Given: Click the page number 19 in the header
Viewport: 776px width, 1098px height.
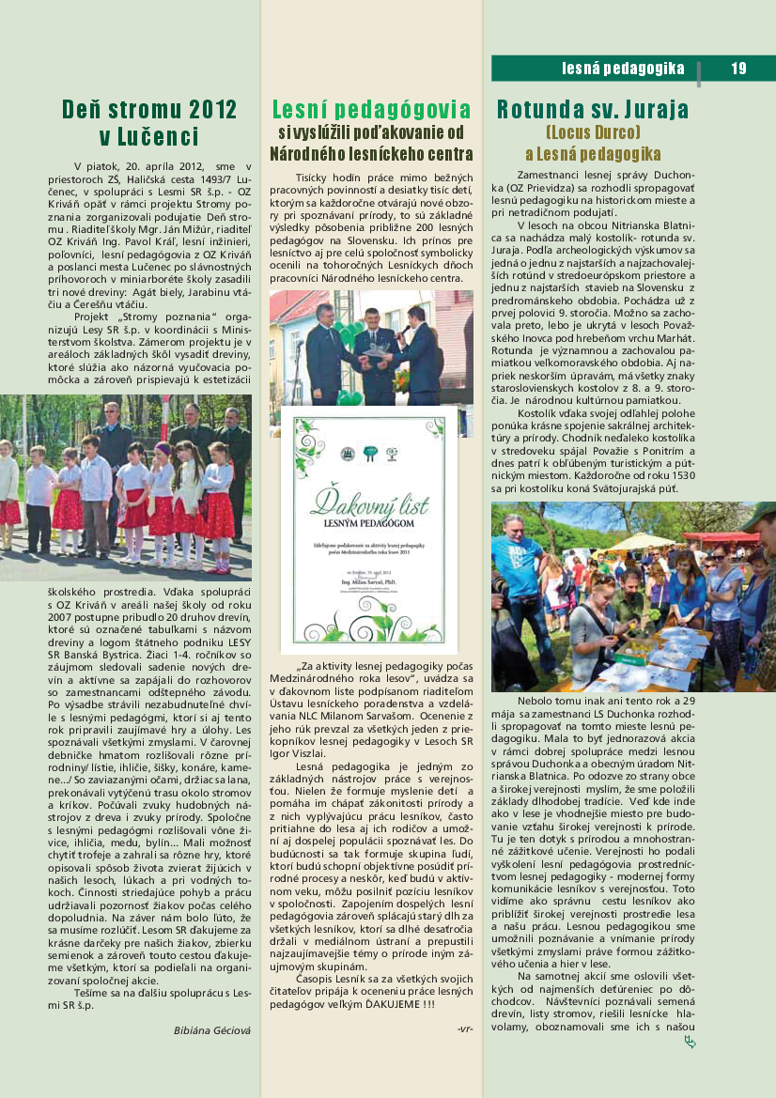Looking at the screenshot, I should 737,68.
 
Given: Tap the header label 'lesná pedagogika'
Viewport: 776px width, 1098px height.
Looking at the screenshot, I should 623,68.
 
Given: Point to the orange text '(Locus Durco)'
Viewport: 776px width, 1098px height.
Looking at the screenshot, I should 593,131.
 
